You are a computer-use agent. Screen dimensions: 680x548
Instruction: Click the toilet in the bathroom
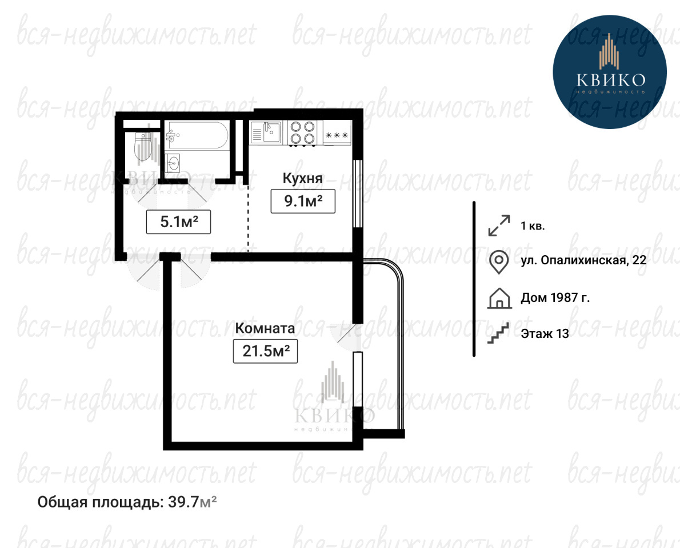click(143, 146)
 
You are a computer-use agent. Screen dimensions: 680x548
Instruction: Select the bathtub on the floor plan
click(197, 135)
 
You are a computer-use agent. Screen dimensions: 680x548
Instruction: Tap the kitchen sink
click(266, 132)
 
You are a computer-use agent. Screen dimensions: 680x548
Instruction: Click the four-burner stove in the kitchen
click(302, 132)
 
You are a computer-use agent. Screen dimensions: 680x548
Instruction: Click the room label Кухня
click(302, 178)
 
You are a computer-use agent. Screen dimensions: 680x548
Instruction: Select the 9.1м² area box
click(303, 201)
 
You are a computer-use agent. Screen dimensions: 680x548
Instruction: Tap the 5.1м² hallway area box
click(178, 222)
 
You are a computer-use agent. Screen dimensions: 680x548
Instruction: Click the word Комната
click(265, 328)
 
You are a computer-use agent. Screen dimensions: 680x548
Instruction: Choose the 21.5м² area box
click(265, 350)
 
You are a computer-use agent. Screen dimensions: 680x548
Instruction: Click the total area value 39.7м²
click(192, 502)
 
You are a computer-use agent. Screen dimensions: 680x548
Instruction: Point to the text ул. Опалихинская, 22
click(583, 260)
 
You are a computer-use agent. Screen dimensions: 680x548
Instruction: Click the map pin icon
click(499, 262)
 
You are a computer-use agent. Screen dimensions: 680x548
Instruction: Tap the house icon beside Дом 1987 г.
click(499, 298)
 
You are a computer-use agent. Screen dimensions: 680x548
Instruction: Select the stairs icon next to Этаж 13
click(498, 333)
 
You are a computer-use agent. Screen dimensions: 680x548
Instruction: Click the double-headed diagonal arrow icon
click(499, 225)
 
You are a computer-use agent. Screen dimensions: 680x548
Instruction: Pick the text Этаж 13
click(545, 333)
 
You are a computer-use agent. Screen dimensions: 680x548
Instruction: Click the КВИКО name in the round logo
click(611, 80)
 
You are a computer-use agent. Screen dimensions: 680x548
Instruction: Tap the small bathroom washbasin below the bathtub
click(172, 164)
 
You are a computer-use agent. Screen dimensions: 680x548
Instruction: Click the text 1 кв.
click(533, 225)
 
